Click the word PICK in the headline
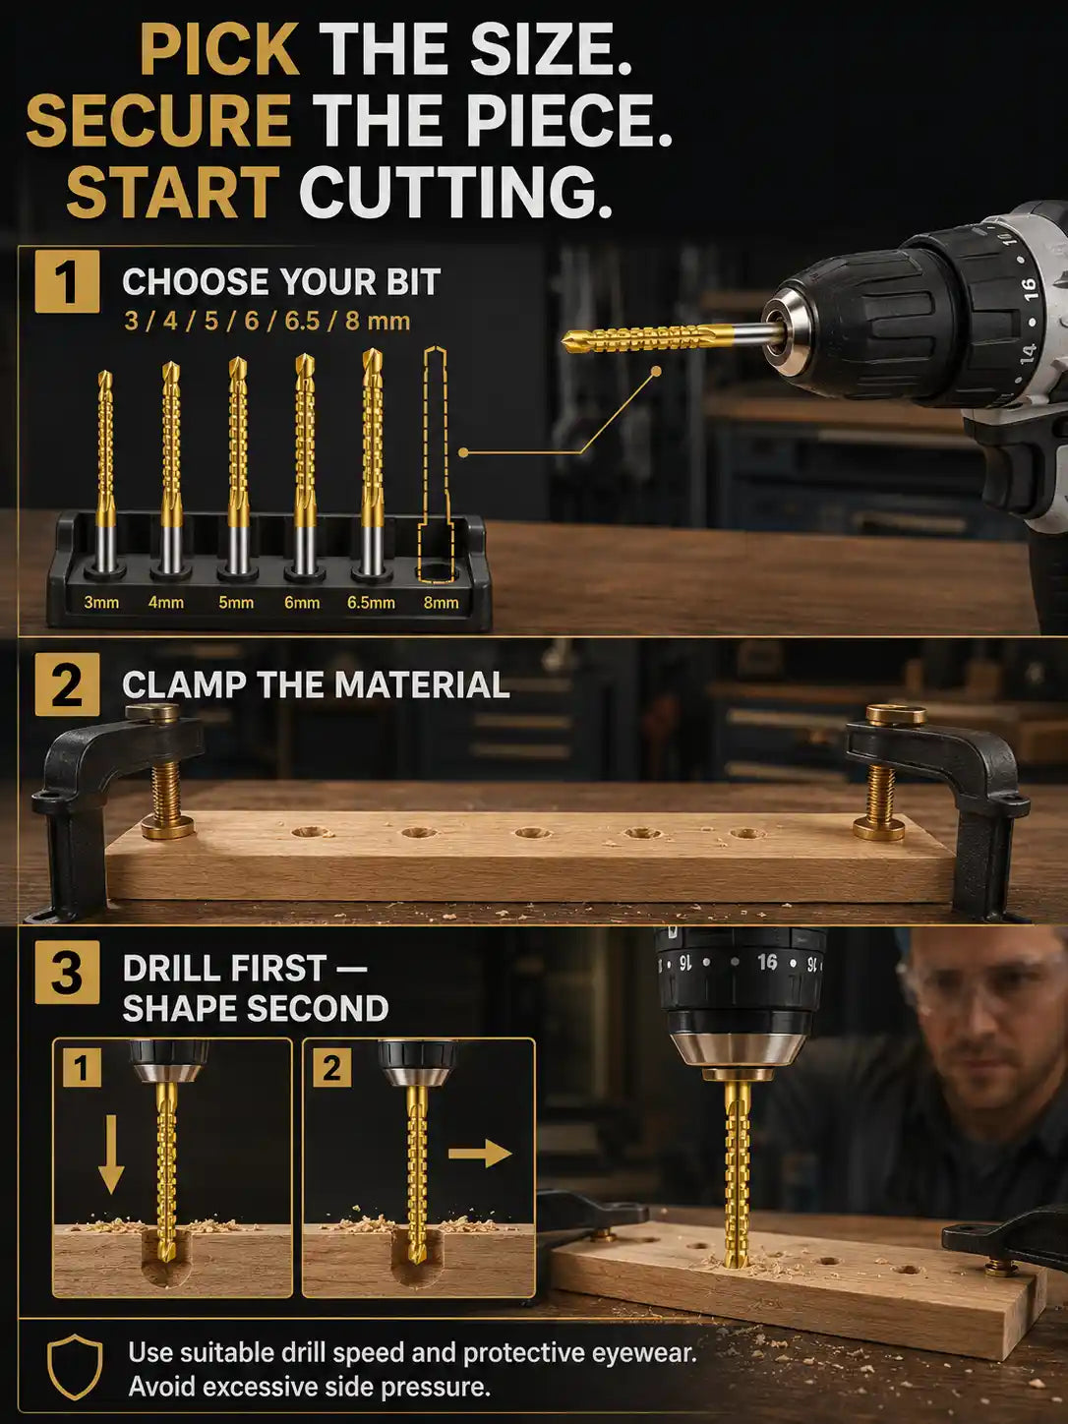pyautogui.click(x=219, y=49)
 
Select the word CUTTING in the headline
pyautogui.click(x=455, y=192)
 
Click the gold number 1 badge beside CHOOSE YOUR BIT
pyautogui.click(x=67, y=281)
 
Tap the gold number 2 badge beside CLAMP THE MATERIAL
pyautogui.click(x=67, y=685)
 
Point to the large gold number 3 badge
pyautogui.click(x=67, y=972)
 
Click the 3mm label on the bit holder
pyautogui.click(x=101, y=603)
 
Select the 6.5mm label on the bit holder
pyautogui.click(x=371, y=603)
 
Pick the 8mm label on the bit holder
pyautogui.click(x=441, y=603)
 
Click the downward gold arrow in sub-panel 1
pyautogui.click(x=111, y=1155)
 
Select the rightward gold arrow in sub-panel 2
pyautogui.click(x=480, y=1154)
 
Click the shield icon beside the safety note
pyautogui.click(x=75, y=1366)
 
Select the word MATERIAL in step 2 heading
pyautogui.click(x=422, y=685)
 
